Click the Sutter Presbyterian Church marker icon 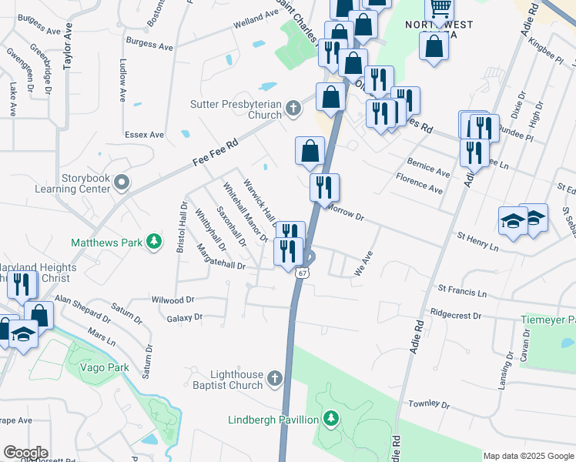click(x=293, y=109)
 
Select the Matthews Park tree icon click(x=155, y=242)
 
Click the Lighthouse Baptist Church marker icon click(x=276, y=378)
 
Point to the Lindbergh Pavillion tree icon click(x=331, y=419)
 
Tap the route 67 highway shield click(x=303, y=273)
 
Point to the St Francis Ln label click(x=462, y=291)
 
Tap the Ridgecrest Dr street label click(x=456, y=315)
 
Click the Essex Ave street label click(x=144, y=134)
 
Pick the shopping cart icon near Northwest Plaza click(x=440, y=10)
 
